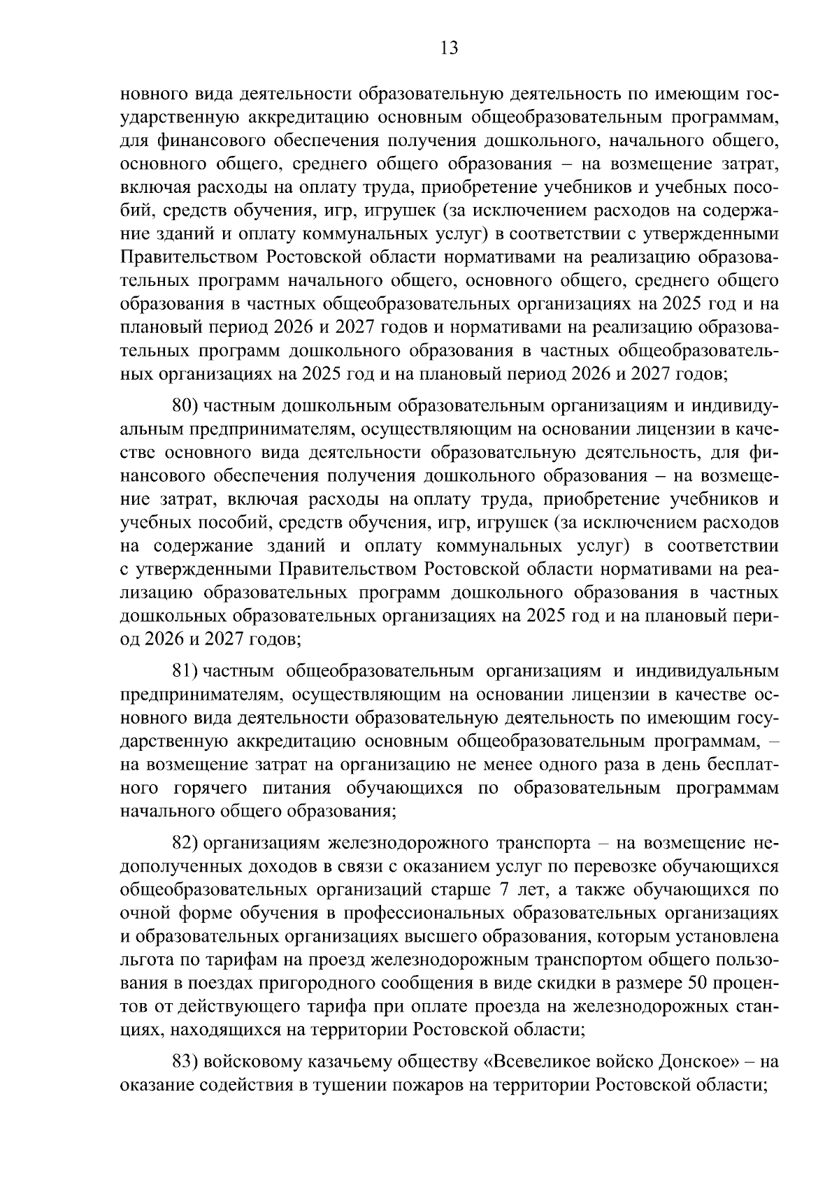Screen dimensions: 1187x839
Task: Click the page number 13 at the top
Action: pos(449,48)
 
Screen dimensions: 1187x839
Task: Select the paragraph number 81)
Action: pos(185,671)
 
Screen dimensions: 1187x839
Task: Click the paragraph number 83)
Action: pos(186,1061)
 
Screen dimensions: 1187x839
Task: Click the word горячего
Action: pos(210,789)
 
